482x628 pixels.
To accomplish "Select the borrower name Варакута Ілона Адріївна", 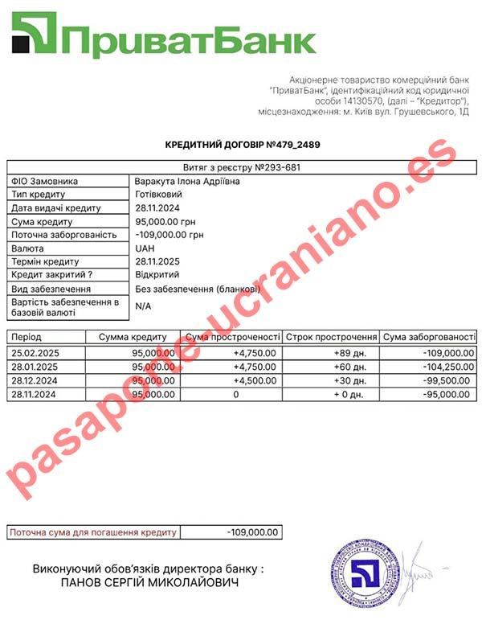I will coord(187,181).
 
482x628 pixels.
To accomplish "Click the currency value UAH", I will coord(145,248).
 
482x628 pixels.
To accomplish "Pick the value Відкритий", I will coord(159,275).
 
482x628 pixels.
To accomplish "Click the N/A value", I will coord(144,306).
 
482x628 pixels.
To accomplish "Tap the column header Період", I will coord(27,337).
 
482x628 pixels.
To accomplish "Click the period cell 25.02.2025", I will coord(37,352).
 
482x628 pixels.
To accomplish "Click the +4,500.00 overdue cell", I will coord(255,380).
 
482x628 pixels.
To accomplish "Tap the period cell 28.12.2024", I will coord(37,380).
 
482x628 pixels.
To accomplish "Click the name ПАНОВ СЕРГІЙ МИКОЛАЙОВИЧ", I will coord(149,581).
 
